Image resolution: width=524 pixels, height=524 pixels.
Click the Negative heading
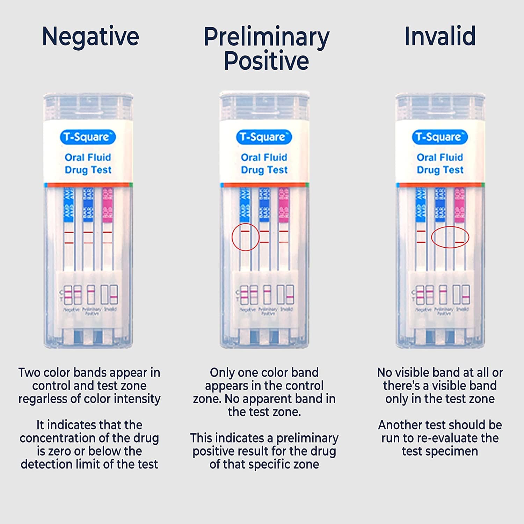click(x=90, y=36)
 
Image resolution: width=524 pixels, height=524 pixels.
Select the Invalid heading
click(x=440, y=36)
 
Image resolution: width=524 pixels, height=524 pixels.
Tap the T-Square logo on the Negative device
click(x=88, y=137)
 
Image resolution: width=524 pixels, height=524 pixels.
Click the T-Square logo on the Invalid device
click(x=439, y=137)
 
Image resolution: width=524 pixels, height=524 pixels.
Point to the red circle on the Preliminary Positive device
click(x=245, y=237)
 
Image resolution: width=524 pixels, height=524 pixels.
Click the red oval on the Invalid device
click(x=450, y=237)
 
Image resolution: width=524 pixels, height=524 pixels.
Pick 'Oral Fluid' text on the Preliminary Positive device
click(x=264, y=157)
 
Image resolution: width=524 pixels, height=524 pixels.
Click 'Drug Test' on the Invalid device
click(x=440, y=170)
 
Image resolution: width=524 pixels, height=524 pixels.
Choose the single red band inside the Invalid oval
click(x=460, y=242)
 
